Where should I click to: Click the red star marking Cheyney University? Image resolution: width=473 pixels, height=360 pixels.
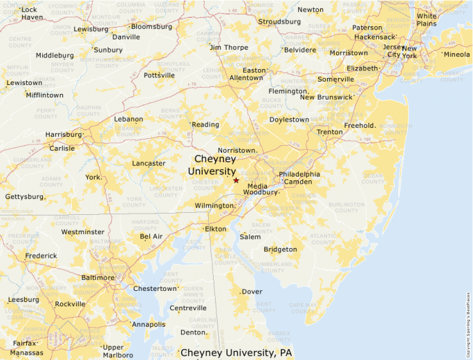[236, 180]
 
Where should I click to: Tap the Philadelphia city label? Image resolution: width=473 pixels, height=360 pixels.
[299, 174]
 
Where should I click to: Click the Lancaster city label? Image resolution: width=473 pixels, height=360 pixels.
[149, 164]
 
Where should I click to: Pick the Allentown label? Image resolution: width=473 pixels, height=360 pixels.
[246, 78]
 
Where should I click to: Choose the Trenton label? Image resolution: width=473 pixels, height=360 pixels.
[329, 132]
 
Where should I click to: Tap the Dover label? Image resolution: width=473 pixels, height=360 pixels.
[252, 292]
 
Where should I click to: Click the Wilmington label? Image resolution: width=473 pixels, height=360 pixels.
[214, 206]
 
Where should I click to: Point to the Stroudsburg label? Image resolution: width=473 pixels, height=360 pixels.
[279, 21]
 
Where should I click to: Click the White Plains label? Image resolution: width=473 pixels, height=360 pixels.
[427, 19]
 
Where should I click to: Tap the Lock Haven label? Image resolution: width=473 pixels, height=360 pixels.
[32, 13]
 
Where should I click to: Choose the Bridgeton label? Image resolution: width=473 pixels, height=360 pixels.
[280, 249]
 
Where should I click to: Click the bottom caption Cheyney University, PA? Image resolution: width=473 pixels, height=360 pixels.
[236, 352]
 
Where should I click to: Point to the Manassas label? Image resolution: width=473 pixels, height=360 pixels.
[27, 352]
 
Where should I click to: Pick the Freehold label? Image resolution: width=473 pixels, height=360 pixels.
[360, 126]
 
